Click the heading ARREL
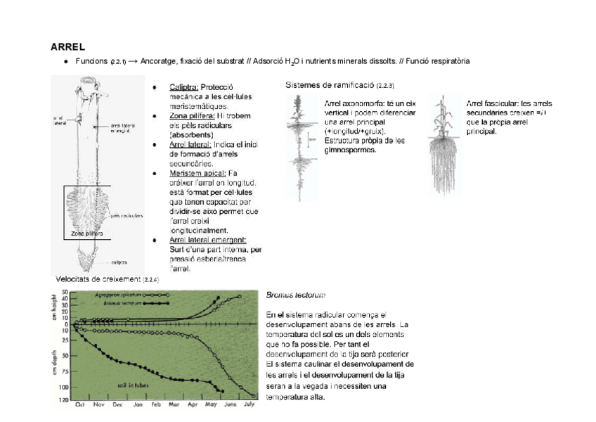coord(67,47)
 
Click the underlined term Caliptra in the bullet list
coord(183,87)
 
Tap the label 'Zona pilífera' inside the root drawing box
coord(86,233)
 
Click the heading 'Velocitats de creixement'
coord(97,279)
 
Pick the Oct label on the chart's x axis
coord(79,405)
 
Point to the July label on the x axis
coord(249,405)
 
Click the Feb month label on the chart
coord(155,405)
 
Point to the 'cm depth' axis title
coord(54,366)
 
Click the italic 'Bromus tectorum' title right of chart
coord(295,296)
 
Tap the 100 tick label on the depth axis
coord(64,387)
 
